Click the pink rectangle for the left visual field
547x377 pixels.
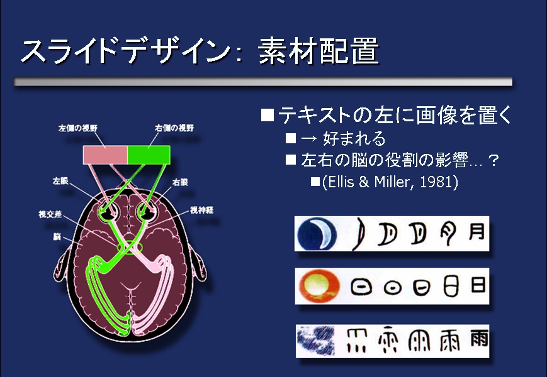(106, 154)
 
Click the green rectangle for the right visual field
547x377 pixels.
(149, 154)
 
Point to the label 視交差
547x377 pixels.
(50, 214)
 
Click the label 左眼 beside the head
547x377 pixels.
(61, 181)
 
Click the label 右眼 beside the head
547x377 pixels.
(181, 182)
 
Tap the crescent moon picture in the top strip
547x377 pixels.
(318, 234)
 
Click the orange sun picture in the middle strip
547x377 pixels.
(319, 287)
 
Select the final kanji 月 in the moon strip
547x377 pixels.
(477, 232)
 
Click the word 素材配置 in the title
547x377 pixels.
(319, 52)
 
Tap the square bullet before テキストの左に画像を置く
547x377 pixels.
(268, 115)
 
